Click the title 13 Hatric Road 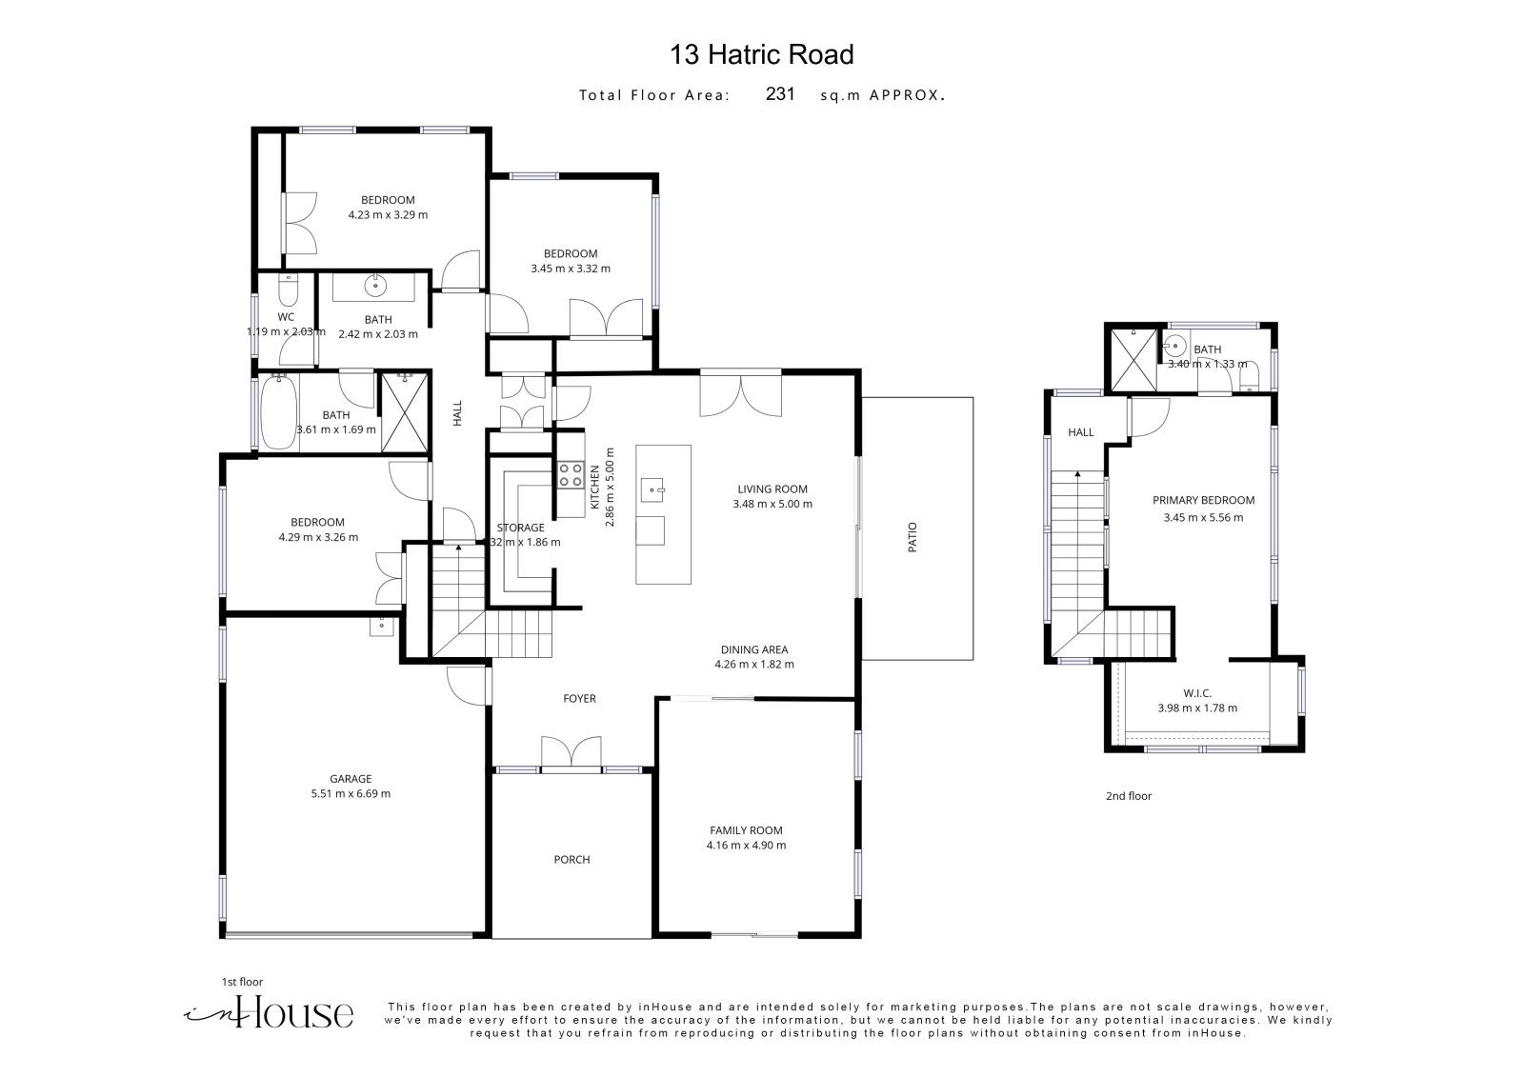(x=761, y=54)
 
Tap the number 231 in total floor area (x=780, y=94)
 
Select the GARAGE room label (x=351, y=778)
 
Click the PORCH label (x=571, y=859)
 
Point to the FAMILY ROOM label (x=746, y=830)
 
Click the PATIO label (x=912, y=537)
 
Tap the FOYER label (x=579, y=698)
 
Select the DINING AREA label (x=753, y=649)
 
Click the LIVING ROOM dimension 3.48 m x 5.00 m (x=772, y=504)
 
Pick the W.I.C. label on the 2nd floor (x=1196, y=693)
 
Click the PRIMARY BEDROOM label (x=1203, y=500)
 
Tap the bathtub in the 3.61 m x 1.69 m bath (x=279, y=411)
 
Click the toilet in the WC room (x=288, y=291)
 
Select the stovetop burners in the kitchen (x=571, y=475)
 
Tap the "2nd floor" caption (x=1128, y=796)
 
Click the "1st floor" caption (x=242, y=982)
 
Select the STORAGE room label (x=520, y=528)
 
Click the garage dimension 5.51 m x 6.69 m (x=351, y=793)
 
